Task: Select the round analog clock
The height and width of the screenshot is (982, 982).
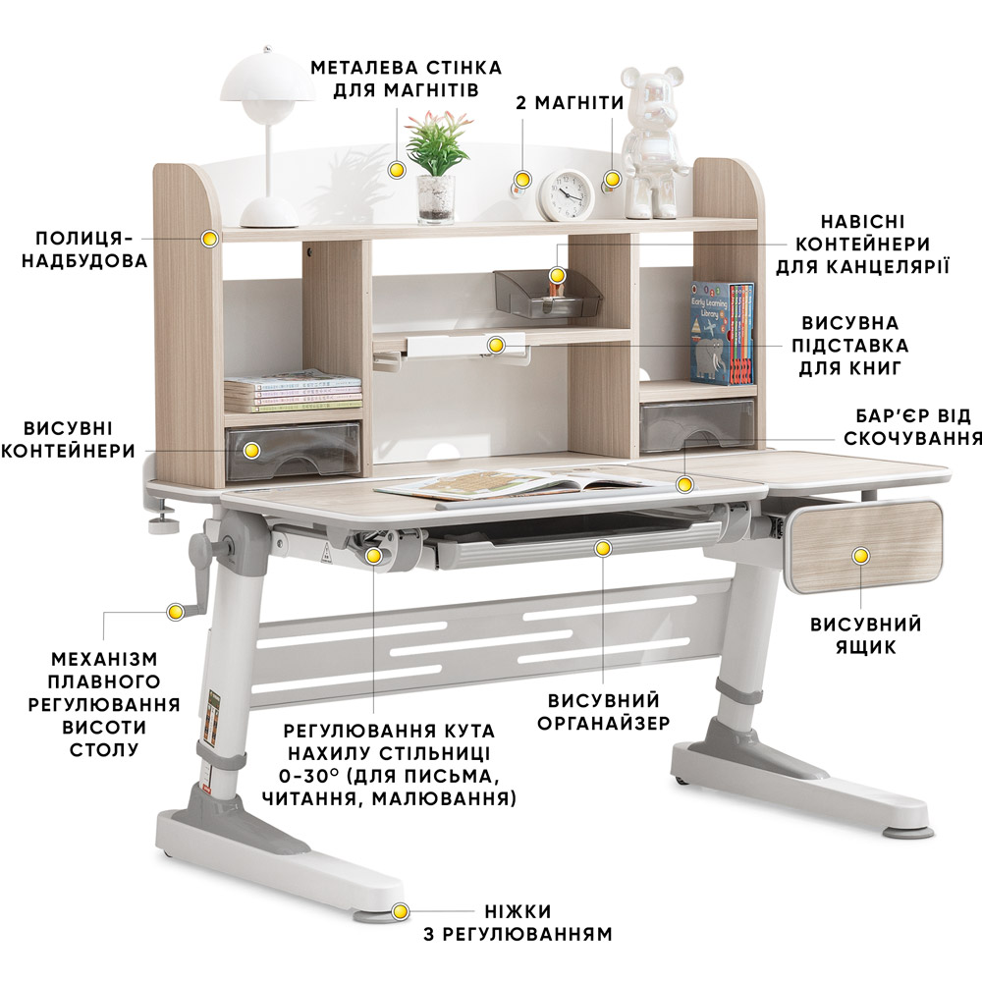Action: click(x=567, y=194)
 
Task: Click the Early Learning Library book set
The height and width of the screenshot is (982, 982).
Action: click(x=723, y=333)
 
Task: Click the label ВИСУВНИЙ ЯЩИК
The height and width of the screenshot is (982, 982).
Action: click(x=865, y=635)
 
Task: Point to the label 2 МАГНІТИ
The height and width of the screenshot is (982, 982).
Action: click(x=570, y=103)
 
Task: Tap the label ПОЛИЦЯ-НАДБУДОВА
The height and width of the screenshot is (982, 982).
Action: click(x=84, y=249)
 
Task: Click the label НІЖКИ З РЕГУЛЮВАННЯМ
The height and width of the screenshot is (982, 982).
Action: click(x=518, y=922)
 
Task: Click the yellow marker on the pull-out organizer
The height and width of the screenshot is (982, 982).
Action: click(x=603, y=549)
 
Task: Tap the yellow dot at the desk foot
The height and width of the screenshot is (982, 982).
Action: click(x=400, y=911)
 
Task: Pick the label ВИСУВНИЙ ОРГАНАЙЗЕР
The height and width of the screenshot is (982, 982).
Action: click(x=604, y=711)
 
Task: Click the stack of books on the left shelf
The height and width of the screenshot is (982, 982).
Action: click(x=293, y=392)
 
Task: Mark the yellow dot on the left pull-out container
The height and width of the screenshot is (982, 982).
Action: click(x=251, y=450)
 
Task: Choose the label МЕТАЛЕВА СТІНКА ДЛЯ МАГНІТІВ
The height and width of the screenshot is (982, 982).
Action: click(x=406, y=79)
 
